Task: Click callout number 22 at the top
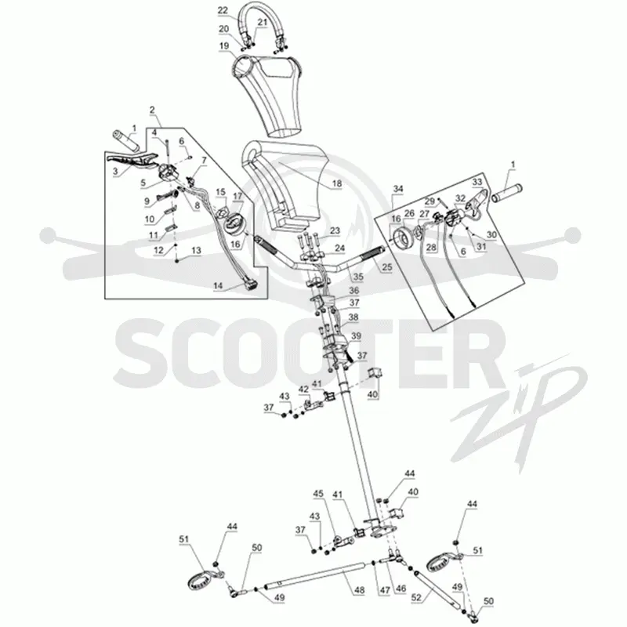pyautogui.click(x=223, y=11)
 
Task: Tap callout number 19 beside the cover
pyautogui.click(x=224, y=46)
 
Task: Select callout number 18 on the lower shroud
pyautogui.click(x=337, y=183)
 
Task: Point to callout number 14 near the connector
pyautogui.click(x=218, y=286)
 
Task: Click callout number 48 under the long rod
pyautogui.click(x=360, y=591)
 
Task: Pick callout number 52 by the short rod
pyautogui.click(x=416, y=597)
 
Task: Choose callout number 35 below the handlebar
pyautogui.click(x=358, y=277)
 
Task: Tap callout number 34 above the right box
pyautogui.click(x=398, y=189)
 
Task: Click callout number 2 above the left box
pyautogui.click(x=152, y=109)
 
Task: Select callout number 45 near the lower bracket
pyautogui.click(x=318, y=494)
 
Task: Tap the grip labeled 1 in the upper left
pyautogui.click(x=125, y=140)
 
